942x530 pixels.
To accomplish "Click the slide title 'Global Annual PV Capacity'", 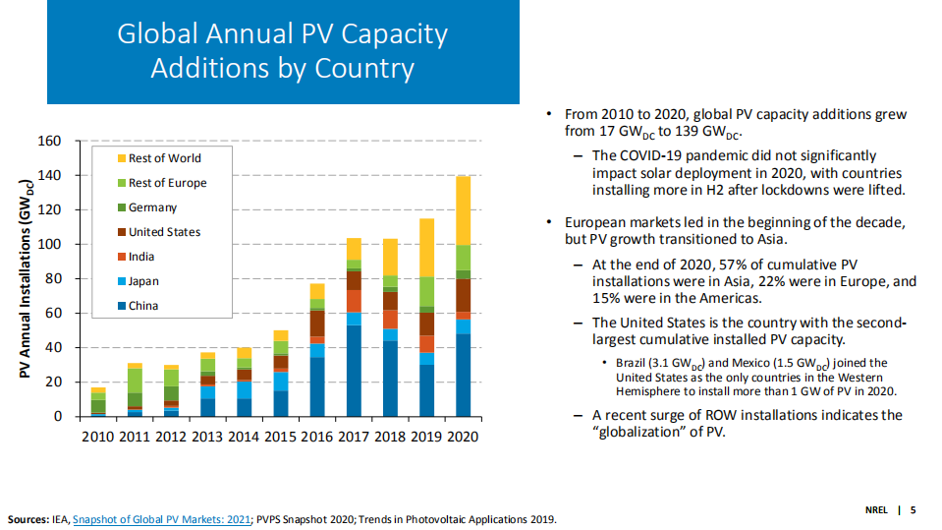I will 282,34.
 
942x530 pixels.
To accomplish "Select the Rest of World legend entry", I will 164,158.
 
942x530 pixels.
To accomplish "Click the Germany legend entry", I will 152,207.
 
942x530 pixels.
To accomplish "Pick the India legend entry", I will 143,257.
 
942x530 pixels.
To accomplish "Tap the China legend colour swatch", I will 121,306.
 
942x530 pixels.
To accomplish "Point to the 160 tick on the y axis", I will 50,142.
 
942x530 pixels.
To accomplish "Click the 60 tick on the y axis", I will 54,314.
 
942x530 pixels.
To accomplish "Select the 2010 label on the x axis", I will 97,437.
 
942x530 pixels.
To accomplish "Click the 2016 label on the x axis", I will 316,437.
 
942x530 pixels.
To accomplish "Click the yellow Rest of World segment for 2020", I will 463,210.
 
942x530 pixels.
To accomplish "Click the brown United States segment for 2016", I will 317,324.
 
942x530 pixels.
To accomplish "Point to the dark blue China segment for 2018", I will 390,379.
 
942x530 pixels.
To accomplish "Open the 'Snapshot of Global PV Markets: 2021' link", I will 161,519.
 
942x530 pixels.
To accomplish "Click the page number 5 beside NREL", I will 913,509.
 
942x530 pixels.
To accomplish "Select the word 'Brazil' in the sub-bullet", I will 633,363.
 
